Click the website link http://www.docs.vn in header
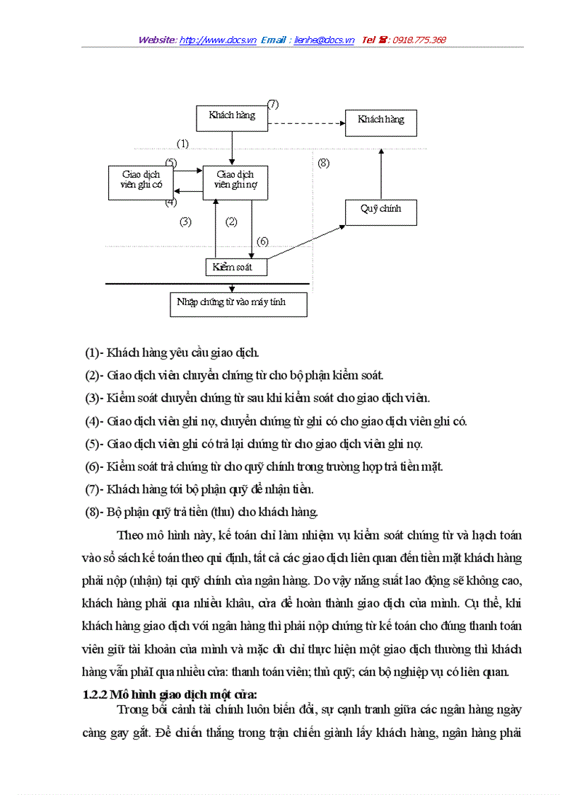pyautogui.click(x=218, y=40)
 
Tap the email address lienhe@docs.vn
pyautogui.click(x=324, y=40)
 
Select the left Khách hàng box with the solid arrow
pyautogui.click(x=232, y=118)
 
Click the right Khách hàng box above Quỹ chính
pyautogui.click(x=380, y=122)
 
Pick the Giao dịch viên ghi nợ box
pyautogui.click(x=236, y=181)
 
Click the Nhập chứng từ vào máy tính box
pyautogui.click(x=238, y=304)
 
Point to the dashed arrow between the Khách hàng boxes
pyautogui.click(x=306, y=123)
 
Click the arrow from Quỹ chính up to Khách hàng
pyautogui.click(x=381, y=173)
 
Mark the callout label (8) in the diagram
pyautogui.click(x=323, y=164)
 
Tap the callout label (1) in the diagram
pyautogui.click(x=182, y=144)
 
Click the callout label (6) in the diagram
pyautogui.click(x=262, y=241)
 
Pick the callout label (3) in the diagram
pyautogui.click(x=185, y=222)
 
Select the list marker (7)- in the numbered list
pyautogui.click(x=95, y=489)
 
